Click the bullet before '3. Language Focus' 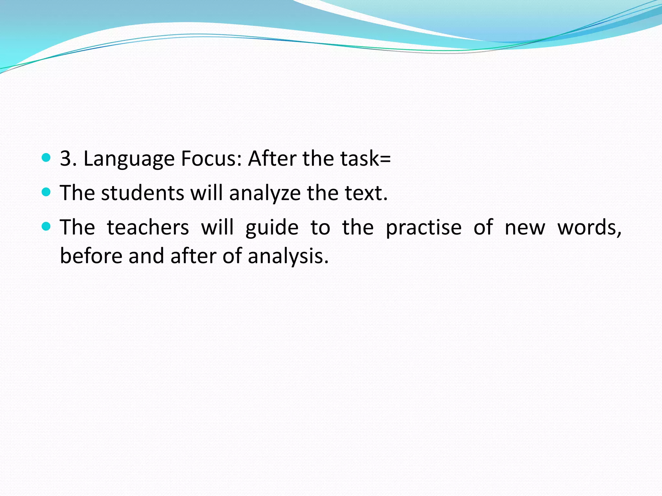[x=47, y=158]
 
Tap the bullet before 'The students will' [x=47, y=192]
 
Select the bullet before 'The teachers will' [x=47, y=227]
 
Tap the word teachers [x=148, y=227]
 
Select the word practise [x=423, y=228]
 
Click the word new [x=525, y=228]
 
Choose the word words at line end [x=589, y=228]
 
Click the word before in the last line [x=91, y=256]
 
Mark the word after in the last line [x=193, y=256]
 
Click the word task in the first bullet [x=359, y=159]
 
